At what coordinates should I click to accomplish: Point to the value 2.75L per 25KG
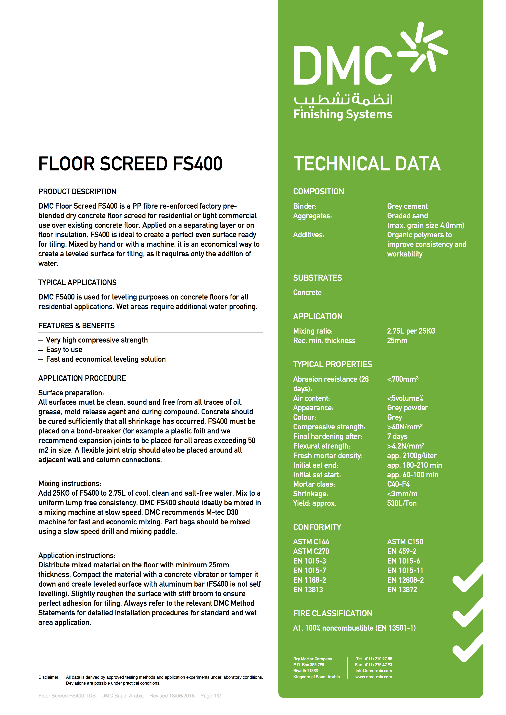tap(411, 331)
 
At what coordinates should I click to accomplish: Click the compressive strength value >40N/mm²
tap(404, 427)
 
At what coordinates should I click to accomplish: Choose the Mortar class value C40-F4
tap(398, 484)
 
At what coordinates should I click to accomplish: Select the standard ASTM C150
tap(405, 542)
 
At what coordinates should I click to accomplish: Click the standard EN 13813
tap(308, 590)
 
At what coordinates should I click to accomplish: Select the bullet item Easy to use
tap(64, 350)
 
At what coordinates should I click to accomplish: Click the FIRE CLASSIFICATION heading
tap(332, 613)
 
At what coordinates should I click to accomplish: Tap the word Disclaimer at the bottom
tap(49, 677)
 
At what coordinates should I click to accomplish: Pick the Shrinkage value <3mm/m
tap(402, 494)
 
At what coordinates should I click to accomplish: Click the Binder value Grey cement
tap(407, 206)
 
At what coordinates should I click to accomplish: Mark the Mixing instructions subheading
tap(70, 484)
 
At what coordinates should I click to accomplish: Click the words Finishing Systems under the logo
tap(343, 114)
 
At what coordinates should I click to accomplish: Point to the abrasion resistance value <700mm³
tap(403, 379)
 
